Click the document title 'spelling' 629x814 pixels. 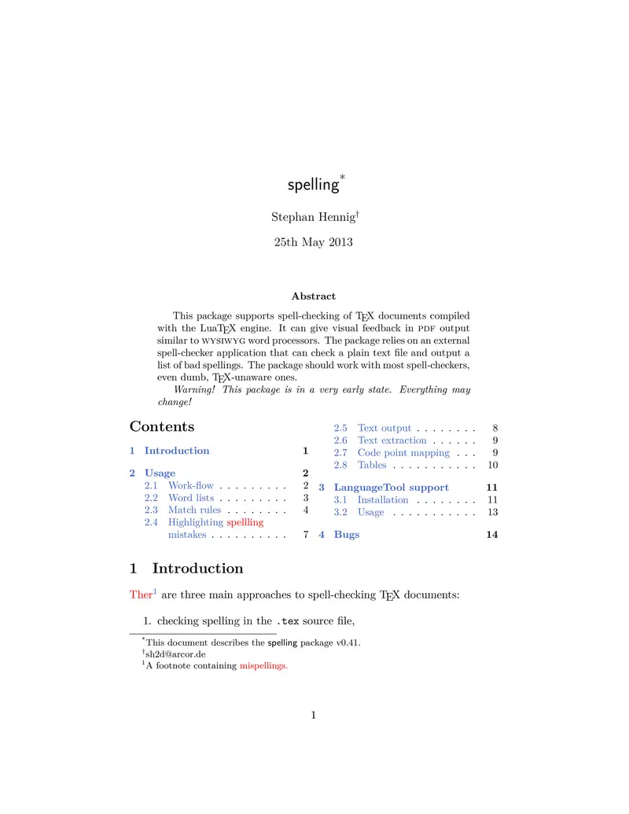coord(313,185)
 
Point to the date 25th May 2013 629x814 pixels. coord(313,242)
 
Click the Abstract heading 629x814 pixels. coord(313,297)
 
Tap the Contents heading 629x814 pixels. coord(161,426)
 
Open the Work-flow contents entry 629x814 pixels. coord(191,486)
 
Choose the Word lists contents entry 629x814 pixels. coord(191,498)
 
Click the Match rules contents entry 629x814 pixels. coord(195,510)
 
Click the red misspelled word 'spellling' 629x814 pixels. coord(245,522)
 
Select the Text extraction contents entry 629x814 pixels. coord(392,440)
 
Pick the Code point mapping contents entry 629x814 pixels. coord(403,453)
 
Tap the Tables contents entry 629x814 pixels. coord(372,466)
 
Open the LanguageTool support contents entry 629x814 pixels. coord(392,488)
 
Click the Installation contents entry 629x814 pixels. coord(383,500)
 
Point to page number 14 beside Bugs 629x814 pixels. coord(492,535)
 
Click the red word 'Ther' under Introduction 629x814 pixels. coord(140,595)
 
